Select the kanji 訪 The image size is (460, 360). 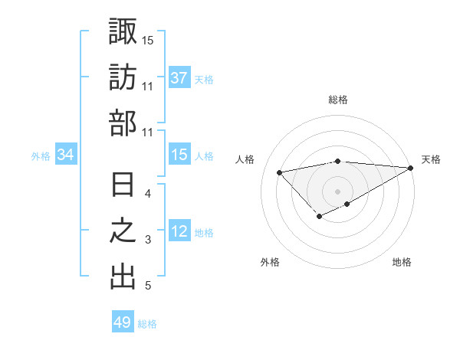[x=123, y=77]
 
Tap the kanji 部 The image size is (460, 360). [x=123, y=123]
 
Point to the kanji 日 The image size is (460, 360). [x=123, y=185]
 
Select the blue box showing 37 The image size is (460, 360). [x=179, y=78]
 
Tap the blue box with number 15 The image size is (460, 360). [x=179, y=155]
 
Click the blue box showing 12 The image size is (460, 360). [x=179, y=232]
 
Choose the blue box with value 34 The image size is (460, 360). [x=66, y=155]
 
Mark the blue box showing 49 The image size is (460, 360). [x=123, y=322]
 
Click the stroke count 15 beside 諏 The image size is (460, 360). [x=148, y=39]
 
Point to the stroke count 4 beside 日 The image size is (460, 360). [x=148, y=194]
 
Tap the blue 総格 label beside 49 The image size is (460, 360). [x=147, y=324]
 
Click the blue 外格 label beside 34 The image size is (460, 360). [x=41, y=156]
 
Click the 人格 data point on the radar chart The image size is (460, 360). [x=280, y=171]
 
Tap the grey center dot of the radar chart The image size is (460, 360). [x=338, y=191]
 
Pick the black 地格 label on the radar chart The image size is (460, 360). [x=402, y=262]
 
